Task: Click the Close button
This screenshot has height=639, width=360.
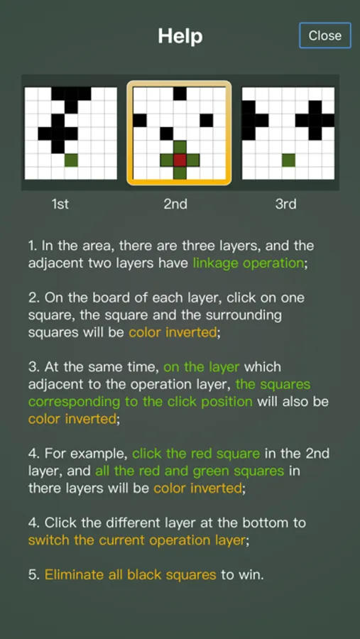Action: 325,35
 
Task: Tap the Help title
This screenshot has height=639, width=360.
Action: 180,36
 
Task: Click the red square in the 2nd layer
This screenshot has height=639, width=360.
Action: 180,160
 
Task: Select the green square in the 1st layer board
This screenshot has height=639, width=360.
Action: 71,160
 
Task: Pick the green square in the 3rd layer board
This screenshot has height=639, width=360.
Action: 289,160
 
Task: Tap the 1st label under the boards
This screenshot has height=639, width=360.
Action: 60,204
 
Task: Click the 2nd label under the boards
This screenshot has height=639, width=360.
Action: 175,204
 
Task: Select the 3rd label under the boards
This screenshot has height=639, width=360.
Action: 285,204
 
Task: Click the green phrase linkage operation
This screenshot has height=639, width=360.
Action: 249,263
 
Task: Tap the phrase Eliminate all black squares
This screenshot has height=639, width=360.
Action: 130,574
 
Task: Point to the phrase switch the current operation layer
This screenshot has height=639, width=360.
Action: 137,540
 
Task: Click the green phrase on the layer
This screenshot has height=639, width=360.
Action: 202,367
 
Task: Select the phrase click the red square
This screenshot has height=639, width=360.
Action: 196,453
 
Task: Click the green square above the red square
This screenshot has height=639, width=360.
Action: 180,147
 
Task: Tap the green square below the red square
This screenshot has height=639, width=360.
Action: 180,173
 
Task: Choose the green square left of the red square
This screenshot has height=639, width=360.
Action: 167,160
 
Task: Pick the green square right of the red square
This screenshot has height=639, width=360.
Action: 193,160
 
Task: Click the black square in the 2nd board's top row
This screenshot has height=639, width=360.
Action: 180,94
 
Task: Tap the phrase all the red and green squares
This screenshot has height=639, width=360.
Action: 190,471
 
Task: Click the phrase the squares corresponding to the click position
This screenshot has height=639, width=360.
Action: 169,393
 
